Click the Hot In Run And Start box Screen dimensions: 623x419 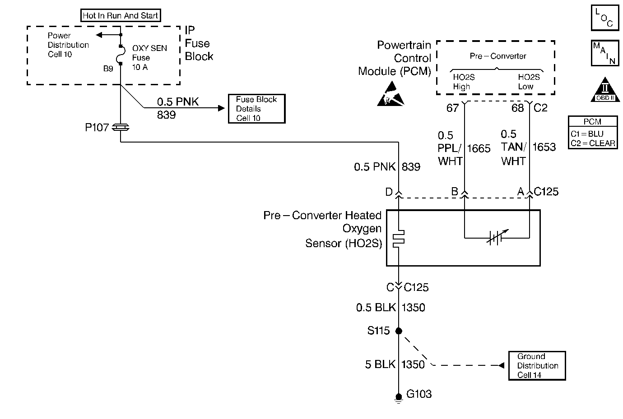coord(121,15)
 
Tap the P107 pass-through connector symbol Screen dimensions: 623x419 coord(121,127)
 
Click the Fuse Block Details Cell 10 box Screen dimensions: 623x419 coord(256,109)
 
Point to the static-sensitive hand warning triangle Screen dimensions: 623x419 coord(391,94)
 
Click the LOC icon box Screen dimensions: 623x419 coord(604,18)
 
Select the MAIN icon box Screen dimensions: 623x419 coord(604,53)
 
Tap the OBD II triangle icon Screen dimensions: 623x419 coord(605,89)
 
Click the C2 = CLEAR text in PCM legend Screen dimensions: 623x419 coord(592,143)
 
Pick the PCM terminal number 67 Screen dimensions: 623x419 coord(452,108)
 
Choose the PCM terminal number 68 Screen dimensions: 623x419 coord(517,108)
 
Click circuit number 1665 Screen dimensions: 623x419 coord(479,148)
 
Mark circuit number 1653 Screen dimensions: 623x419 coord(544,147)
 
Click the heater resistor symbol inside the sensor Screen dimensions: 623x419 coord(399,239)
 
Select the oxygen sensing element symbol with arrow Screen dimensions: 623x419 coord(497,237)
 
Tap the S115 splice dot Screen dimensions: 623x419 coord(399,331)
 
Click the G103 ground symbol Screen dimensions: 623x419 coord(399,398)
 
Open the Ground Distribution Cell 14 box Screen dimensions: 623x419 coord(537,366)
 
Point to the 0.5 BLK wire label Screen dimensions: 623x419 coord(376,308)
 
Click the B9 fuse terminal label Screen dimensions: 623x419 coord(108,69)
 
